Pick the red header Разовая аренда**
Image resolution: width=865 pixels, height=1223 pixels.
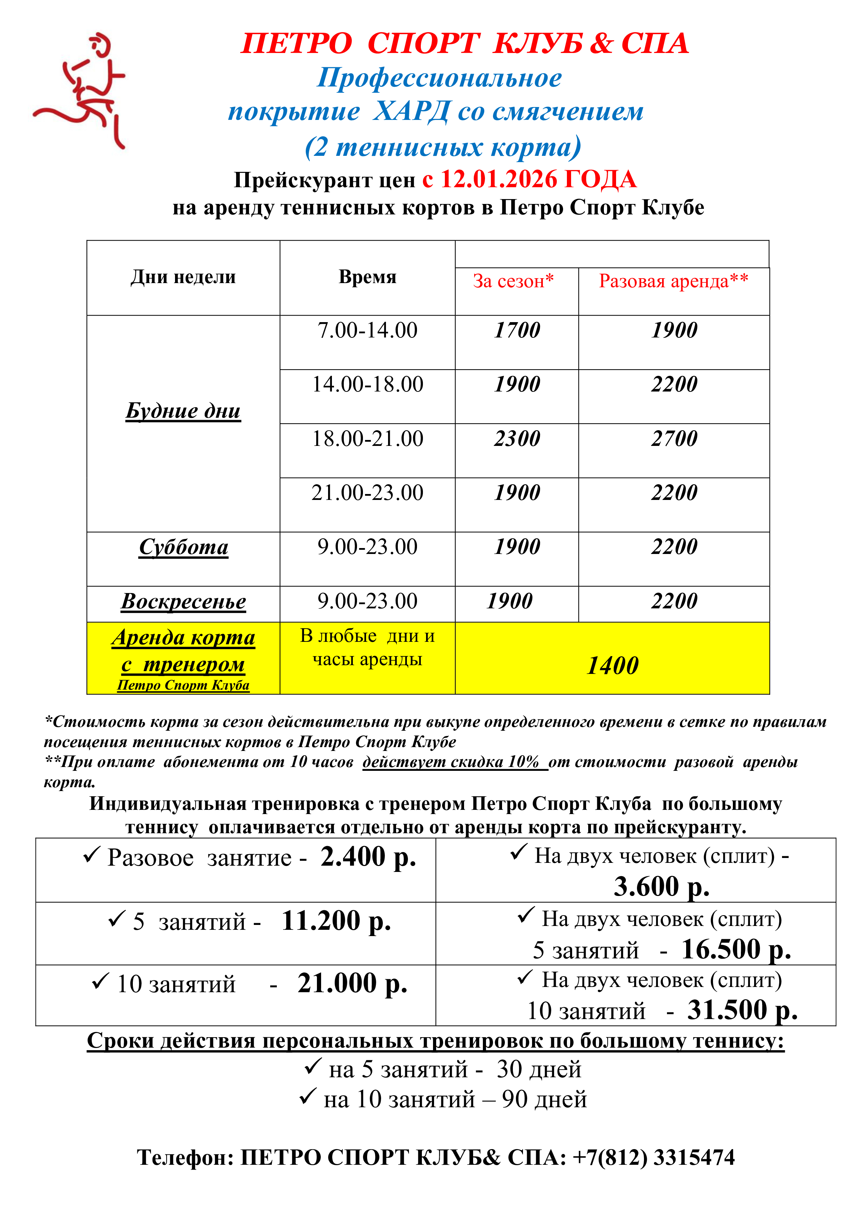pyautogui.click(x=673, y=281)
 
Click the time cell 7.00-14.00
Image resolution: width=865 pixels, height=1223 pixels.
pyautogui.click(x=367, y=330)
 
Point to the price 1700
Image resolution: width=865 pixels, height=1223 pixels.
pyautogui.click(x=517, y=330)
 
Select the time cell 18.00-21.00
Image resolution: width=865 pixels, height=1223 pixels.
pyautogui.click(x=367, y=438)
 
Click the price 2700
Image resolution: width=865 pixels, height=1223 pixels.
pyautogui.click(x=674, y=438)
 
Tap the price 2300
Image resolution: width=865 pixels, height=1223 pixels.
pyautogui.click(x=517, y=438)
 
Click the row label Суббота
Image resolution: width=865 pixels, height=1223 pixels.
pyautogui.click(x=183, y=547)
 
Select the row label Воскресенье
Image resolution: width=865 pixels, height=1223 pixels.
pyautogui.click(x=183, y=601)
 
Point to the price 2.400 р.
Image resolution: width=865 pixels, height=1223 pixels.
pyautogui.click(x=367, y=857)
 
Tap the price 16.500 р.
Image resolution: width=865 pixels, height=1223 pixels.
pyautogui.click(x=736, y=949)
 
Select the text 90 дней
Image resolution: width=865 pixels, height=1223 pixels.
pyautogui.click(x=544, y=1099)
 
